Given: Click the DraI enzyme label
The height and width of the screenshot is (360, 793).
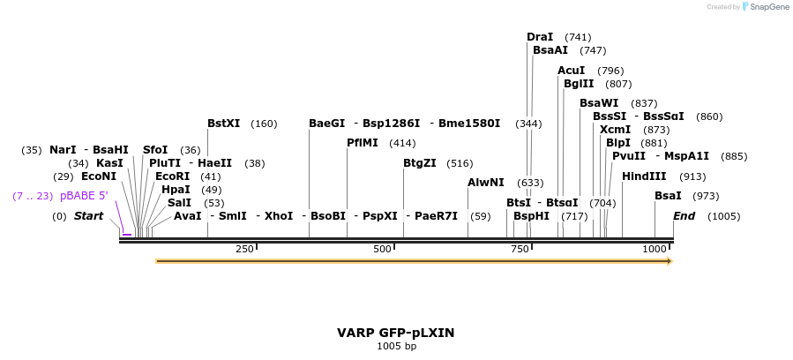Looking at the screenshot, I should pos(540,37).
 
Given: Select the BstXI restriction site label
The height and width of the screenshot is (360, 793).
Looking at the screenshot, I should pos(223,124).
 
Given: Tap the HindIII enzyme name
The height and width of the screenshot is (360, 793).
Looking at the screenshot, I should pos(644,176).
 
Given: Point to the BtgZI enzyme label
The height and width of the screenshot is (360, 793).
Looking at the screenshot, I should pos(419,163).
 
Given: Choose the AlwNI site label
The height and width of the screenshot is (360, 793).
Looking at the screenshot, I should pos(486,183).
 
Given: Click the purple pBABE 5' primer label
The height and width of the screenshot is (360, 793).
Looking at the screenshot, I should pos(84,196).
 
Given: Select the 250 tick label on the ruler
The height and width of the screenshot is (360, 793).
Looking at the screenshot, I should pos(244,250).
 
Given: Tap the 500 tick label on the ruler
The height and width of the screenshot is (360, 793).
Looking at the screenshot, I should pos(382,250).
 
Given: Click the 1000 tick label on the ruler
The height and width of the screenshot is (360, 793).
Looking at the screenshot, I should pos(655,250).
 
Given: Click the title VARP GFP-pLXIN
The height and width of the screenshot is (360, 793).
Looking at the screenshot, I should pos(396,333).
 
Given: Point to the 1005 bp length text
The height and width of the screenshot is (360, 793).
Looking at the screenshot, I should pos(396,346).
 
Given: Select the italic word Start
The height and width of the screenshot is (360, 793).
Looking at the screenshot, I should pos(88,216).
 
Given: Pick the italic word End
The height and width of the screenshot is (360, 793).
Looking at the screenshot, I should pos(685,216).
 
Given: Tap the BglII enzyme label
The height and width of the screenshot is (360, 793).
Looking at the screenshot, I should pos(579,84).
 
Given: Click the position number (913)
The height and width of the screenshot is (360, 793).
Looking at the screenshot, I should pos(692,176).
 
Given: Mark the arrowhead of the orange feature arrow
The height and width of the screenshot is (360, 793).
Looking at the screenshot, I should pos(670,261).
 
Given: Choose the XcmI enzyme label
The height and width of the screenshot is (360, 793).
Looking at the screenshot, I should pos(615,130).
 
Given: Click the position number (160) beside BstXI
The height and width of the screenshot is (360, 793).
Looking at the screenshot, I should pos(264,124).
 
